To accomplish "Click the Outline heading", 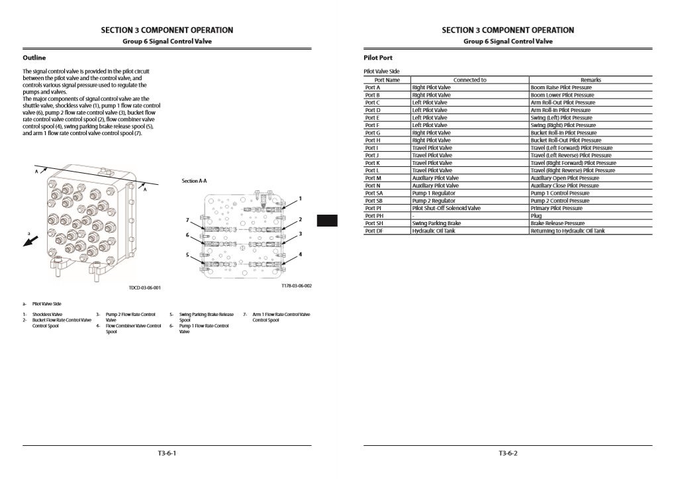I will click(x=34, y=58).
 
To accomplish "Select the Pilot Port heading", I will click(x=378, y=58).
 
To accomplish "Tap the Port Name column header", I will click(x=387, y=80).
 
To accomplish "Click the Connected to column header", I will click(x=469, y=80).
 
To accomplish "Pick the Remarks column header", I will click(x=591, y=80).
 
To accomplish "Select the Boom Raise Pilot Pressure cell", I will click(x=561, y=87).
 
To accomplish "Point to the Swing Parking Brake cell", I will click(x=436, y=223).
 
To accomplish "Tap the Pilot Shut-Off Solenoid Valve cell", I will click(x=446, y=208).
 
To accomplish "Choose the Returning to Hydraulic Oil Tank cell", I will click(x=567, y=231).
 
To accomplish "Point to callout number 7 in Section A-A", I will click(x=187, y=219).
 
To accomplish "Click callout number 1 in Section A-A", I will click(x=300, y=198).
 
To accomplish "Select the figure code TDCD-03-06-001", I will click(x=144, y=288).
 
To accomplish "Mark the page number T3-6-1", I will click(x=167, y=453).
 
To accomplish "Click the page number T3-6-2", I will click(x=508, y=453).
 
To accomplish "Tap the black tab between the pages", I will click(x=327, y=221).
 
